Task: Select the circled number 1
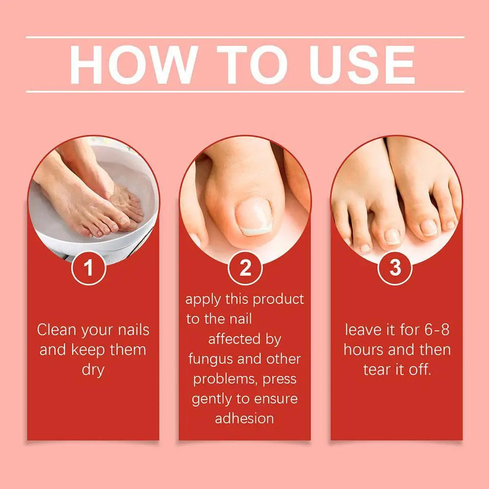click(x=88, y=268)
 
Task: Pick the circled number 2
click(x=245, y=268)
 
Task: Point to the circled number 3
click(x=395, y=268)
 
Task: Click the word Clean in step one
click(x=57, y=330)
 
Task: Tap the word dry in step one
click(x=93, y=370)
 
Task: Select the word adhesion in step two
click(x=244, y=419)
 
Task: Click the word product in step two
click(x=279, y=299)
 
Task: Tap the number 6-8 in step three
click(x=437, y=330)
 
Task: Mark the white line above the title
click(x=245, y=37)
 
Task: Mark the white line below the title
click(x=245, y=91)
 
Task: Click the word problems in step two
click(x=223, y=379)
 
